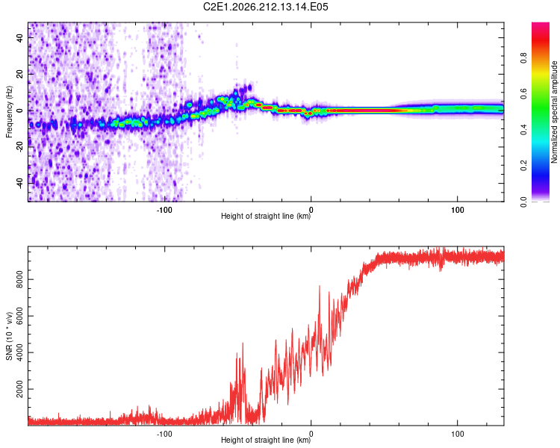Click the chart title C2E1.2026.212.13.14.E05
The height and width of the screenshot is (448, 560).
click(265, 7)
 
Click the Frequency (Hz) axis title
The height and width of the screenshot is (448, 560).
click(9, 112)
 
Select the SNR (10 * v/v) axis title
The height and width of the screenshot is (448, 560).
click(9, 336)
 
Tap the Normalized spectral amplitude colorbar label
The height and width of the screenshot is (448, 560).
click(554, 112)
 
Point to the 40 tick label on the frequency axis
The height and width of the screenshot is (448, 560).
click(19, 38)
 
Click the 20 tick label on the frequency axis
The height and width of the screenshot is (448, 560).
click(19, 75)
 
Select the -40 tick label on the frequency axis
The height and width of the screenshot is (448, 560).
click(19, 182)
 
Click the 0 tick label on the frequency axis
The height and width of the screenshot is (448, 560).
click(19, 111)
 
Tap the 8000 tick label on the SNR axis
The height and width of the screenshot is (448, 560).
click(19, 280)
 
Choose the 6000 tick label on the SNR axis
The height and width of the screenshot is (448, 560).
click(19, 316)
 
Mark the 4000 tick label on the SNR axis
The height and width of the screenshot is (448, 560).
click(19, 352)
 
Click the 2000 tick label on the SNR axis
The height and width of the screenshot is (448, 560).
click(19, 389)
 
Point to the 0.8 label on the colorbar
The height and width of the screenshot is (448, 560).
click(523, 57)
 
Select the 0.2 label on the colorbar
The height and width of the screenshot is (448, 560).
click(523, 166)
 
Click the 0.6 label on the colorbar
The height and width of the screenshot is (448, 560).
click(523, 93)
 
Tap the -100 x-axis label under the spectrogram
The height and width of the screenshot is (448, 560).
click(164, 210)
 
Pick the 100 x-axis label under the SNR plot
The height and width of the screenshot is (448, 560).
click(458, 434)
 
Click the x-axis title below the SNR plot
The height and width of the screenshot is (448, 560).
click(266, 440)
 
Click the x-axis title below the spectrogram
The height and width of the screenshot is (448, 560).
click(266, 216)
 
